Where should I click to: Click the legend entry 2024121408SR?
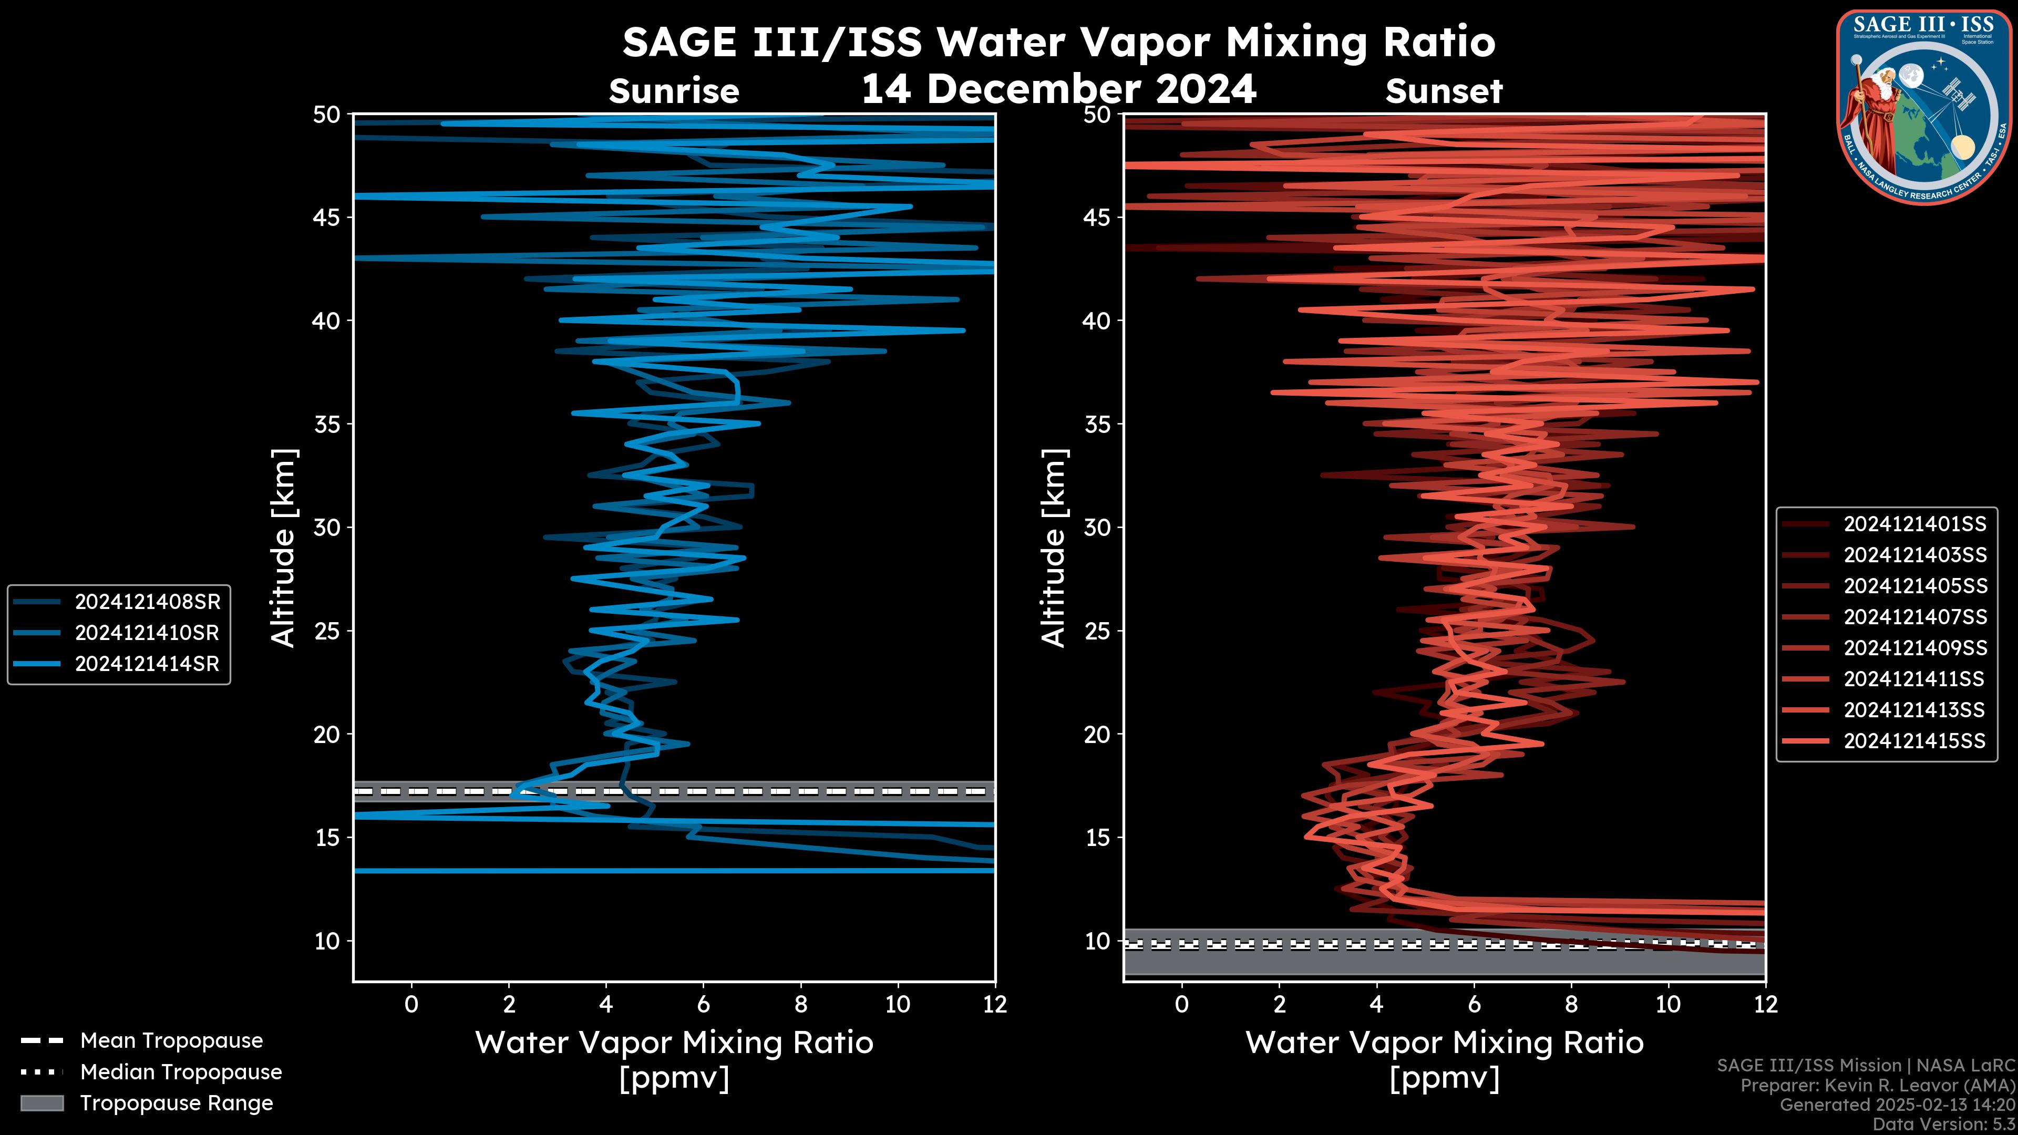tap(147, 602)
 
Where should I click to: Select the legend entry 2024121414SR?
tap(147, 664)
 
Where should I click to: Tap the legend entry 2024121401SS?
tap(1914, 524)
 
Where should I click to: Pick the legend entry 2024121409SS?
tap(1914, 648)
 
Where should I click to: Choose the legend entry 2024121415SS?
tap(1914, 741)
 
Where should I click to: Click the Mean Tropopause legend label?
tap(171, 1040)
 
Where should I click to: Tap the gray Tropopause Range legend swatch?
tap(42, 1103)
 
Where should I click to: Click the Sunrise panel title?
tap(674, 91)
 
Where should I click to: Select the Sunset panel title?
tap(1444, 91)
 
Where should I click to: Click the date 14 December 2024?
tap(1058, 88)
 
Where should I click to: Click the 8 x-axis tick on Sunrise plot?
tap(800, 1004)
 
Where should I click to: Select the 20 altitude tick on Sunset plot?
tap(1097, 735)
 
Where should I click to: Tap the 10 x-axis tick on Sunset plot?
tap(1668, 1004)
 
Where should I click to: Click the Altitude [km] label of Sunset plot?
tap(1054, 548)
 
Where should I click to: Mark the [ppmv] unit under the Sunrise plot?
tap(674, 1078)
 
